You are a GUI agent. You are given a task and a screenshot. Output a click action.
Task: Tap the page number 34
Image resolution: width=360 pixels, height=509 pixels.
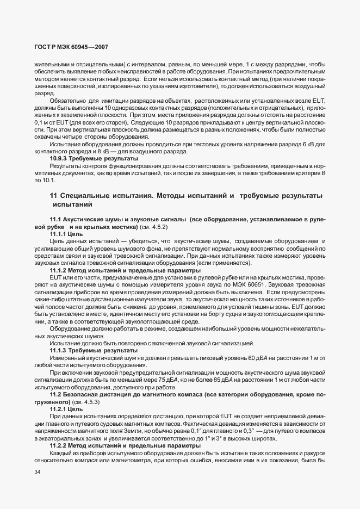38,471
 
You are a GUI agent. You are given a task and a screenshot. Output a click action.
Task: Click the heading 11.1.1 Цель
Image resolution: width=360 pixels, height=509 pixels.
66,233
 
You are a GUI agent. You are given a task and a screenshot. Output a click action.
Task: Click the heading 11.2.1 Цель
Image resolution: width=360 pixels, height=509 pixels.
66,408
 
